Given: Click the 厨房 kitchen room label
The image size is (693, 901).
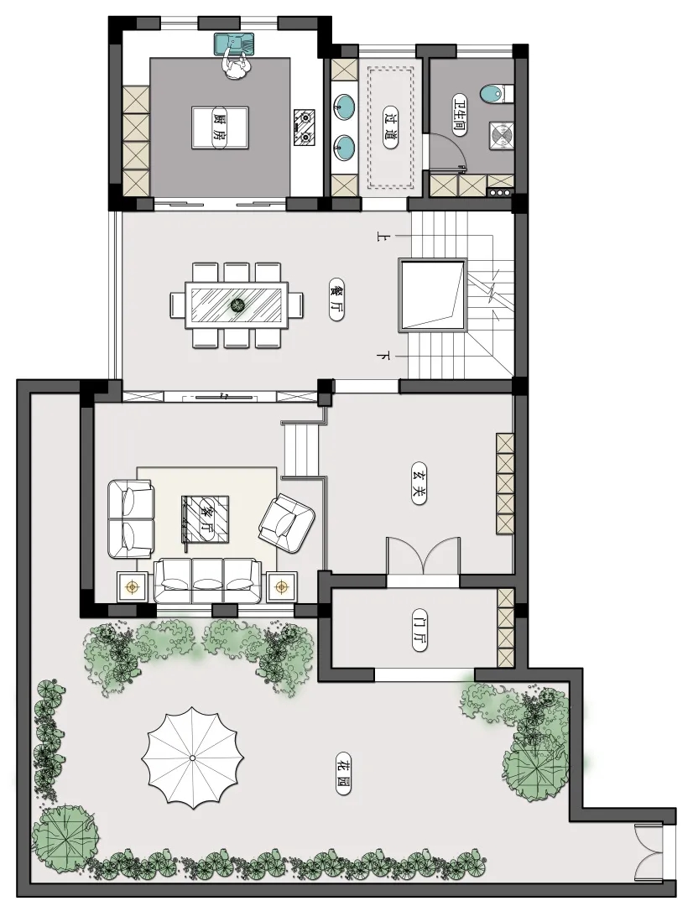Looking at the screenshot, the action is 219,128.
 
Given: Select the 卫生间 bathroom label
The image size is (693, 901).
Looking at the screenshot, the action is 459,114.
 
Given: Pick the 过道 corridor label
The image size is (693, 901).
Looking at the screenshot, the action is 390,128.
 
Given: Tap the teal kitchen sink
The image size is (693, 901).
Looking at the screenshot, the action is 234,44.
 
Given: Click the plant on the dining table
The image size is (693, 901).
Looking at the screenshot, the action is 237,305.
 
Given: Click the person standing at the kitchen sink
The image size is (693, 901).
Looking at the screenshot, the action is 236,65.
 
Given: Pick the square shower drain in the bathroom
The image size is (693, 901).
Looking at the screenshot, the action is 502,136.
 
